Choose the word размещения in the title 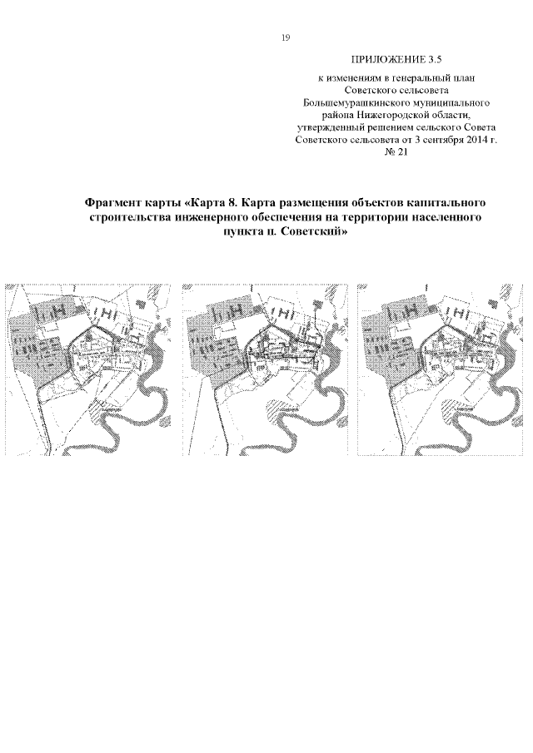286,204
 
